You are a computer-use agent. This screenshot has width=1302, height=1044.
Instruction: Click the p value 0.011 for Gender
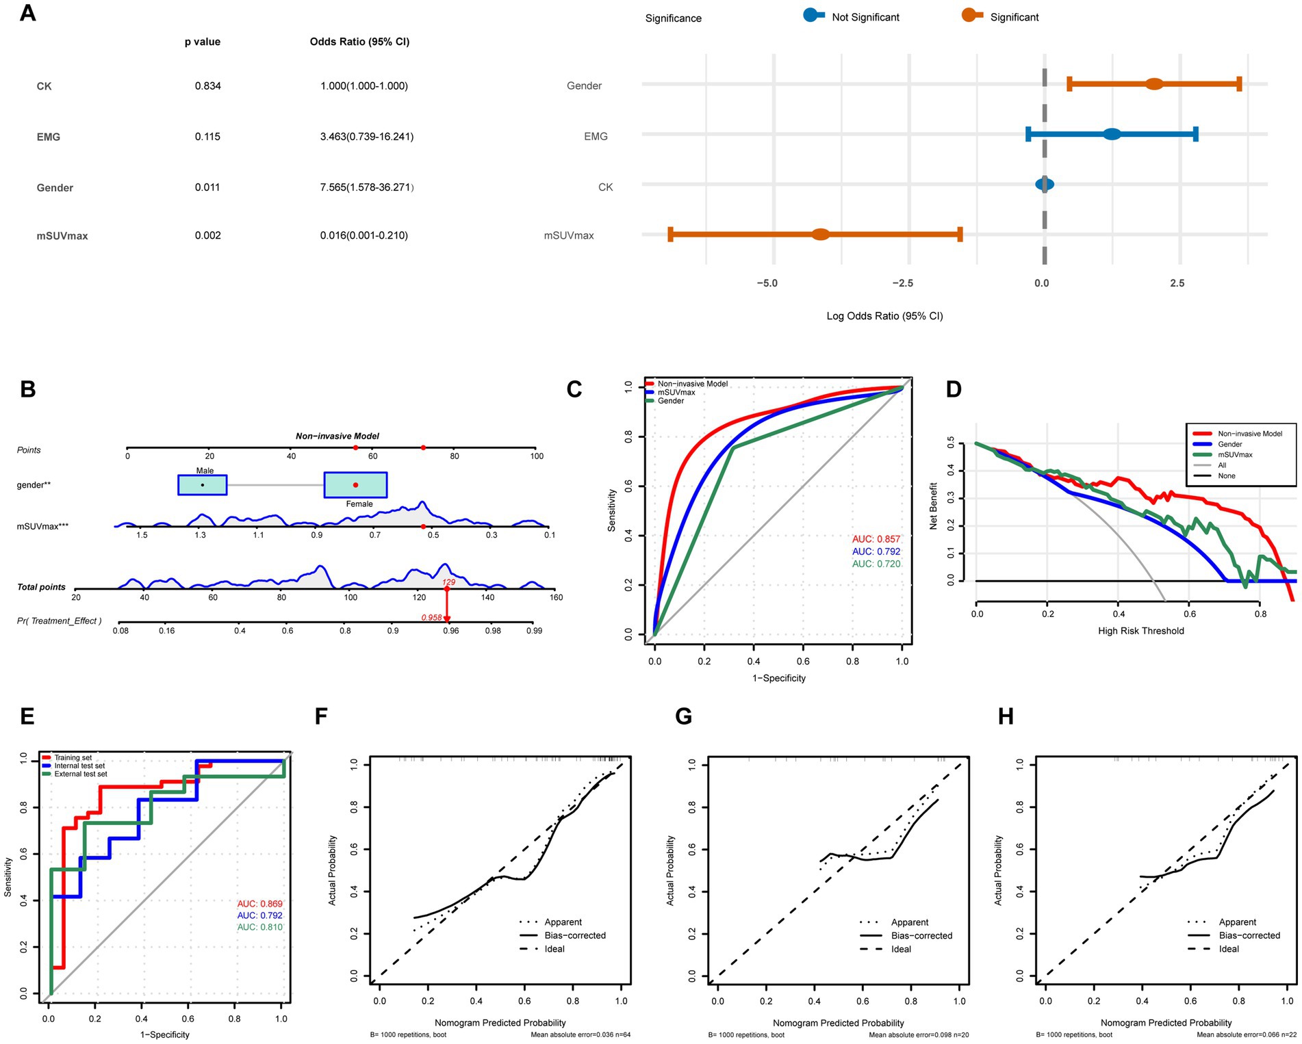click(207, 187)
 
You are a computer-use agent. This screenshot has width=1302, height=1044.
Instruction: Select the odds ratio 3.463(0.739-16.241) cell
click(367, 137)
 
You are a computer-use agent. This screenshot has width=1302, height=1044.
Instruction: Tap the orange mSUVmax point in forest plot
click(821, 235)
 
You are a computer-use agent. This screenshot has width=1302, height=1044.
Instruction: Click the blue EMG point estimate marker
click(1112, 134)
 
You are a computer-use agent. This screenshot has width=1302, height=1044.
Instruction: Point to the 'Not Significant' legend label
click(865, 17)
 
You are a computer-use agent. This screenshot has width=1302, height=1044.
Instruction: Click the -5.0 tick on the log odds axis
click(767, 283)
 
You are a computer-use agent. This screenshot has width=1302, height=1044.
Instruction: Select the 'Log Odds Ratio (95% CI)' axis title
click(884, 316)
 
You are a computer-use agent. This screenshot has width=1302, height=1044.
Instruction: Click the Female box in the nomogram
click(355, 485)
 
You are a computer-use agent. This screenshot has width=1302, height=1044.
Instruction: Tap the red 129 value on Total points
click(448, 582)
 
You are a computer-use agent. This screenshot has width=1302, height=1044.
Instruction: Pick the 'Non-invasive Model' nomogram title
click(337, 436)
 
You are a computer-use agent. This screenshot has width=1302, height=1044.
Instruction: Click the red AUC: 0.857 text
click(876, 539)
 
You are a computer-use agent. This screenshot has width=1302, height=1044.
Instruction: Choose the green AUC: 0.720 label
click(876, 564)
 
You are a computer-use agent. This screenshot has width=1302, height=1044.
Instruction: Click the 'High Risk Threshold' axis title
click(1140, 631)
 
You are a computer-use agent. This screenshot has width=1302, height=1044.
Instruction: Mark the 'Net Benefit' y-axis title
click(933, 506)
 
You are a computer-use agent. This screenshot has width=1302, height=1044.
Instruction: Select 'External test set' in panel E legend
click(81, 774)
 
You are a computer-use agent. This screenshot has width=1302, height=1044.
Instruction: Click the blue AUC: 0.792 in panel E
click(259, 915)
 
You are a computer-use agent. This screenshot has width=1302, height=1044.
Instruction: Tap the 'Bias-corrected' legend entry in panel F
click(575, 935)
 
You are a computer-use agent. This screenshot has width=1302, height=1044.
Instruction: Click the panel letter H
click(1006, 716)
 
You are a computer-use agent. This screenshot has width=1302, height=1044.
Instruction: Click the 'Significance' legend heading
click(673, 18)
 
